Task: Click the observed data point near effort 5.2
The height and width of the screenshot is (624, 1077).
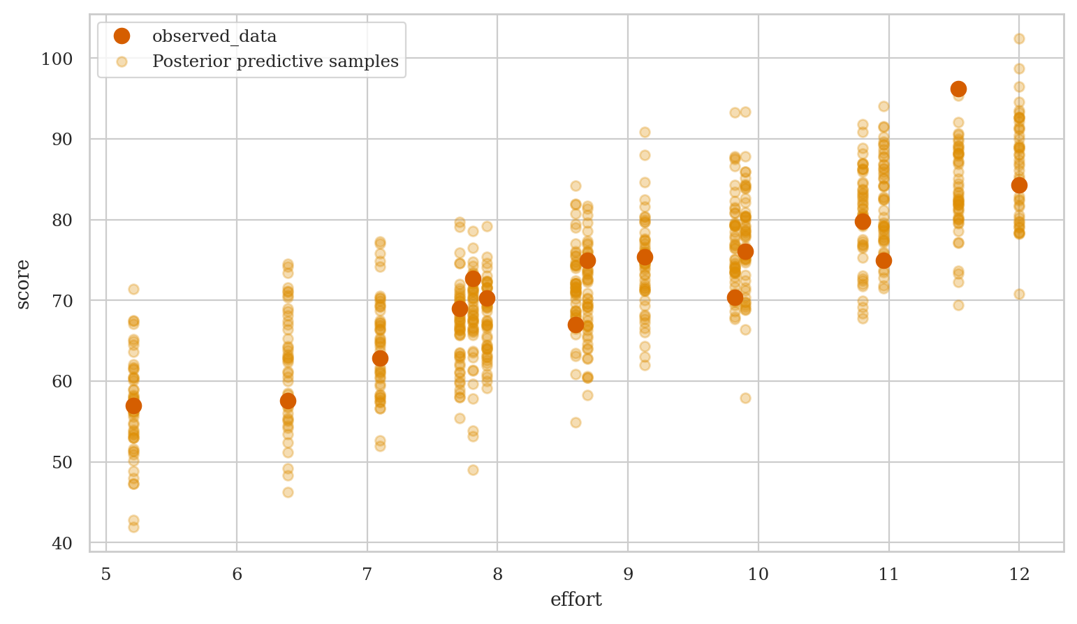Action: (x=133, y=406)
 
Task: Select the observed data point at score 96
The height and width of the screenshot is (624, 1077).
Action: (x=958, y=89)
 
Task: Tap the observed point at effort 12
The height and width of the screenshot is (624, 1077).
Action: (x=1019, y=185)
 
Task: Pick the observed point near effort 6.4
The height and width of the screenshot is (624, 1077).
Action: (x=288, y=401)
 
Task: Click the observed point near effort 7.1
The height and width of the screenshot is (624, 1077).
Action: (x=380, y=358)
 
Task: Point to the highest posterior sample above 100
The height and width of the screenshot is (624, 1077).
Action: (x=1019, y=38)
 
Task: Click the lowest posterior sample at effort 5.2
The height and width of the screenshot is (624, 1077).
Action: (x=133, y=527)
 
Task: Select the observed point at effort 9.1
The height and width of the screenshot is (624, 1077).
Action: (x=645, y=257)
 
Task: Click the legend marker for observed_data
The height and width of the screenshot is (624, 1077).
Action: (x=122, y=36)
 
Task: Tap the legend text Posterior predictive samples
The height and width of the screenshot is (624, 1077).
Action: (x=275, y=61)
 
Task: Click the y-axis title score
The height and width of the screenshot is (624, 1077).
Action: (x=23, y=283)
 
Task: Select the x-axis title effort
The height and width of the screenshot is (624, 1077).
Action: (x=576, y=600)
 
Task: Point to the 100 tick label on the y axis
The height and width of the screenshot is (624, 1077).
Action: (x=57, y=59)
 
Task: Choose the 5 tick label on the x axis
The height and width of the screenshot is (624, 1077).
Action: (x=106, y=574)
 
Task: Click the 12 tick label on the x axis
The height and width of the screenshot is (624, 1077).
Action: (x=1019, y=574)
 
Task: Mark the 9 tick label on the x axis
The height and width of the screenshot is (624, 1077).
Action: (x=628, y=574)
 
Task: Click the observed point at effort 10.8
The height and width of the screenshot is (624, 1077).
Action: (x=863, y=221)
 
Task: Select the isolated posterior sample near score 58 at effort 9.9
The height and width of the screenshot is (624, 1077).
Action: (x=745, y=398)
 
